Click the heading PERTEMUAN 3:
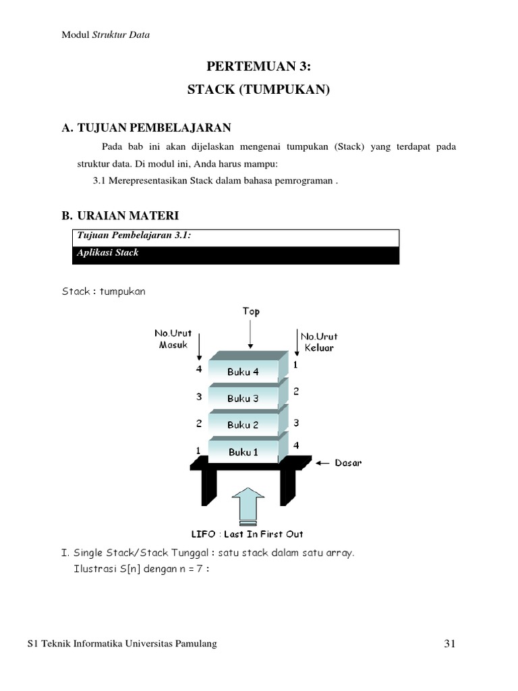coord(259,65)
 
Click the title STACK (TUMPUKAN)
coord(259,90)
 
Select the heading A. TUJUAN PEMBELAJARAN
coord(146,127)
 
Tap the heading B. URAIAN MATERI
coord(121,216)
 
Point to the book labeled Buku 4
coord(243,372)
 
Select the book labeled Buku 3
coord(243,398)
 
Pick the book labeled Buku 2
coord(243,424)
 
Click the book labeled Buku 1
coord(243,451)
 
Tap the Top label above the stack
coord(250,312)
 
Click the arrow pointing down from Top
coord(250,334)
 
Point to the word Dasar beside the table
coord(348,463)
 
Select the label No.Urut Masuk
coord(173,339)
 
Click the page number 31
coord(451,644)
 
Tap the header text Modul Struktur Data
coord(106,35)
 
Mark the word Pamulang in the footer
coord(196,644)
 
